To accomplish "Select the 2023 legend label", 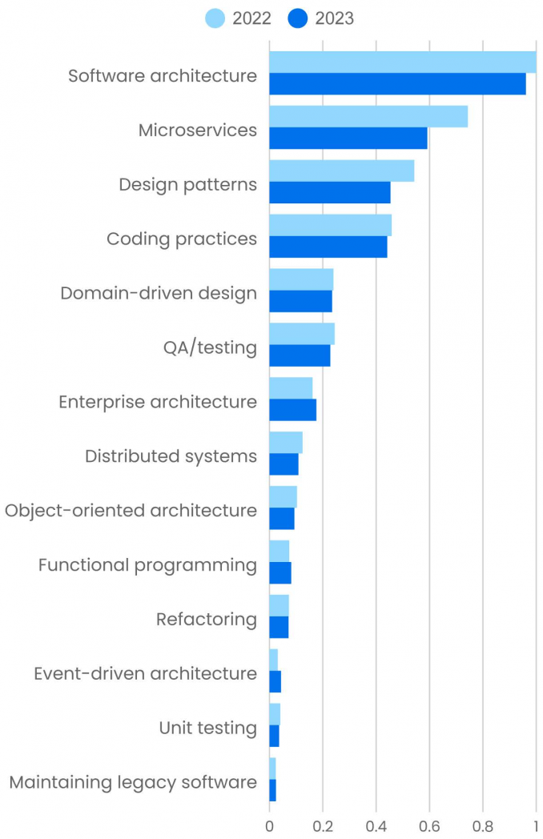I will [x=335, y=18].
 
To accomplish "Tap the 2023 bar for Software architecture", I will [x=397, y=84].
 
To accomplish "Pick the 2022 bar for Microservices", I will [x=368, y=116].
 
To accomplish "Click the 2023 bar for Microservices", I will [x=348, y=138].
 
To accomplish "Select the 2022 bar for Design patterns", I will [x=341, y=171].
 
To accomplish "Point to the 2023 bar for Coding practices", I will [x=328, y=247].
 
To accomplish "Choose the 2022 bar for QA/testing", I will [x=301, y=334].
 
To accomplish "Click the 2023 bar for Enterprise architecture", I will [x=292, y=410].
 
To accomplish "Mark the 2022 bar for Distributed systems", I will [x=285, y=443].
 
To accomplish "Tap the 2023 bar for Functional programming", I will [x=280, y=573].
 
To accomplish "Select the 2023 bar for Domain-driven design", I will [x=300, y=301].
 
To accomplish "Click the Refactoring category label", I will [x=207, y=619].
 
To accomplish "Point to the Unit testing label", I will [x=207, y=728].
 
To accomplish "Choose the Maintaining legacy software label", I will [x=133, y=782].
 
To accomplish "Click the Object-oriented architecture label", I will [x=131, y=510].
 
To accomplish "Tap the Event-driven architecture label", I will [x=145, y=673].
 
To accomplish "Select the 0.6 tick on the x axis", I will [x=429, y=825].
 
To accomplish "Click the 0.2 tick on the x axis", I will [x=322, y=825].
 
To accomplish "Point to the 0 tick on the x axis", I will [x=269, y=825].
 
